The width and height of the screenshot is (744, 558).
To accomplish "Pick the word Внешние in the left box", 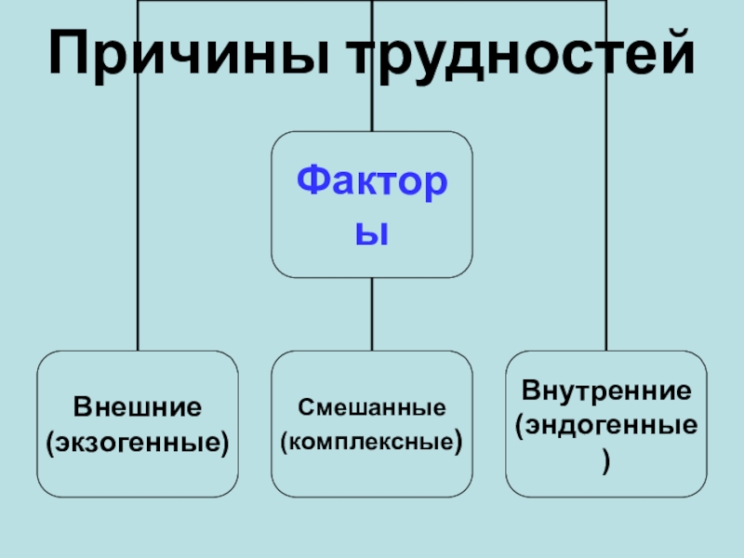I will coord(138,407).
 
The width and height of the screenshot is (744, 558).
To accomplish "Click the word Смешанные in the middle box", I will coord(372,407).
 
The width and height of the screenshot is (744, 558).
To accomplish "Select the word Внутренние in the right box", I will coord(605,390).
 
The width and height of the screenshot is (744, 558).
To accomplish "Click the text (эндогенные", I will coord(605,424).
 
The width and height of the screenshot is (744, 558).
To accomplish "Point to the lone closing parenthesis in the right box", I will coord(606,458).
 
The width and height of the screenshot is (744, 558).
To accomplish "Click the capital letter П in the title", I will coord(69,57).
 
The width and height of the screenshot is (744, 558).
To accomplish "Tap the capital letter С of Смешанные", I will coord(303,407).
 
